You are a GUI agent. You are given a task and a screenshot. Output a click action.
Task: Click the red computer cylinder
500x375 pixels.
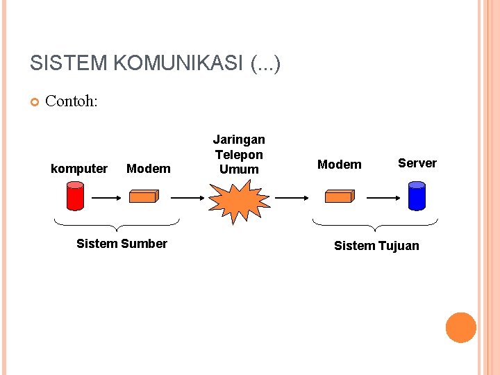point(75,196)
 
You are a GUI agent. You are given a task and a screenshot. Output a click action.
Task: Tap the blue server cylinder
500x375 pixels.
point(417,196)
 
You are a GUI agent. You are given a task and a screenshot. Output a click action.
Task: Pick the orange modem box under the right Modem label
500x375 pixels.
point(340,197)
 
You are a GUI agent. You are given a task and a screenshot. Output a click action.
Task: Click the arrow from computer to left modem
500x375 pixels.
point(107,197)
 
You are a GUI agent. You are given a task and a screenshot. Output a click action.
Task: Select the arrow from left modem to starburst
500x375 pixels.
point(187,197)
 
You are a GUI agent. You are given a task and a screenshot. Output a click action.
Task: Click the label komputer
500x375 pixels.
point(79,169)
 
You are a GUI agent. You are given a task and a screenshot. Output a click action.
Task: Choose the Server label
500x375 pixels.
point(417,163)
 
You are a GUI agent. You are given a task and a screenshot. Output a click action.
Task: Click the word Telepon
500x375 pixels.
point(239,155)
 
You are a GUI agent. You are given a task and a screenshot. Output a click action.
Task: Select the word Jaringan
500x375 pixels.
point(239,140)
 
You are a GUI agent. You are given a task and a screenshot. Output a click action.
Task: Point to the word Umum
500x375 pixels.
point(239,169)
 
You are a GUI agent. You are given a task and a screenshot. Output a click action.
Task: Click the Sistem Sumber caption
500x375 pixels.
point(122,244)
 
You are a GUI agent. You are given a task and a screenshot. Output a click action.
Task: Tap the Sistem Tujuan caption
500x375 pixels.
point(376,246)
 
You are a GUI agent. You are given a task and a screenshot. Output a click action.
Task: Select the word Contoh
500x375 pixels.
point(72,101)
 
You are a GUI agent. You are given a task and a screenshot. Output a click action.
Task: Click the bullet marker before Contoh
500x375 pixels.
point(35,103)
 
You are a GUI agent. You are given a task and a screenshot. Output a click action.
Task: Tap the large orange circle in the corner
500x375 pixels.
point(461,328)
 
